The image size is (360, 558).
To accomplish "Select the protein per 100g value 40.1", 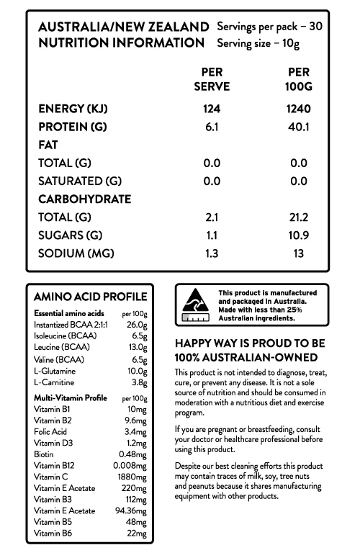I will [298, 127].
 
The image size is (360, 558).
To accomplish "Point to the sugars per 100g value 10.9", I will [298, 235].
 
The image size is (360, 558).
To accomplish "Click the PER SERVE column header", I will [212, 80].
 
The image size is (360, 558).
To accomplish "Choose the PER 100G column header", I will [298, 80].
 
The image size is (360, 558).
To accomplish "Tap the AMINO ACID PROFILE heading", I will [90, 297].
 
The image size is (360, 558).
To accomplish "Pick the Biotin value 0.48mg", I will [133, 454].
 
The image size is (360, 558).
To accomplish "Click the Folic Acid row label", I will [50, 431].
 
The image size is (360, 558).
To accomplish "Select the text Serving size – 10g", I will [258, 43].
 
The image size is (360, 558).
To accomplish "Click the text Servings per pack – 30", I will [269, 26].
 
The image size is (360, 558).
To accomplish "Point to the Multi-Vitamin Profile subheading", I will [71, 397].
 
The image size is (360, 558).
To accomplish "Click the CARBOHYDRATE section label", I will [84, 199].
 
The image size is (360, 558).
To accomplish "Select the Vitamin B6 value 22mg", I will [136, 533].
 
